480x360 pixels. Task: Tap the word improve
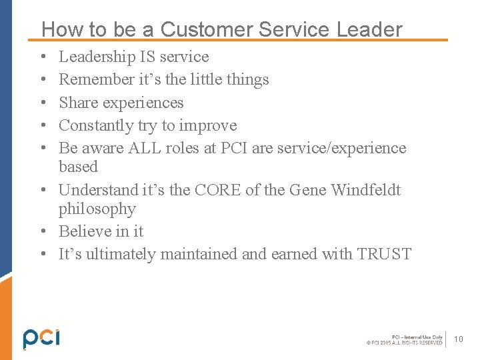point(207,125)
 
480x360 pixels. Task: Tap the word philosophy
point(97,209)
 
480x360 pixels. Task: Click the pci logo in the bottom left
point(41,338)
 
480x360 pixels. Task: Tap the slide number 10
point(459,339)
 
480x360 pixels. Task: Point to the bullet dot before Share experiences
point(43,103)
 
